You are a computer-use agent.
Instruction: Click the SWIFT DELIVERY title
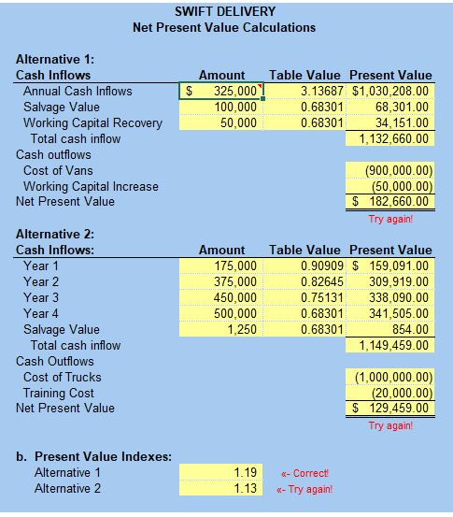[x=224, y=11]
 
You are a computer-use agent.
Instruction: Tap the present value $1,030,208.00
[x=389, y=92]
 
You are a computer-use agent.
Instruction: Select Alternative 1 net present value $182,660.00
[x=389, y=202]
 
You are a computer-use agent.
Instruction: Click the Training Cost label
[x=59, y=394]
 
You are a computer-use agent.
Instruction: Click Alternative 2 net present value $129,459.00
[x=389, y=409]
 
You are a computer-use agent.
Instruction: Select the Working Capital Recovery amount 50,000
[x=240, y=123]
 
